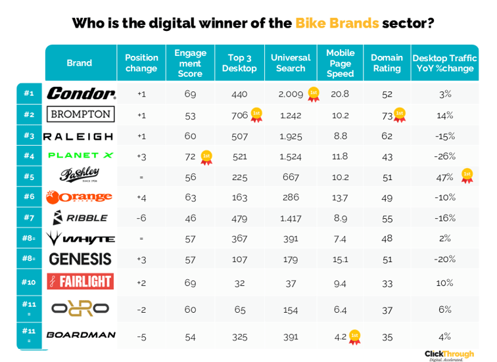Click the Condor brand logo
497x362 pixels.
point(81,94)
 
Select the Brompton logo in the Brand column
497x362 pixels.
point(81,114)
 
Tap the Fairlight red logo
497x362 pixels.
point(81,282)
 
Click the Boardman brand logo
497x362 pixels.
point(81,335)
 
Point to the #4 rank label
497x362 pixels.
point(29,156)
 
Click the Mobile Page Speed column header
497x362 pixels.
point(340,63)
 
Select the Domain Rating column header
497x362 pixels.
point(387,63)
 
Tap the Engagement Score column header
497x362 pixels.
point(190,63)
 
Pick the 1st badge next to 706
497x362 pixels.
point(256,115)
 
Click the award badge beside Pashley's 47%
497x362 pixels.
point(467,175)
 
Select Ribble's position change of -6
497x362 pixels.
point(141,217)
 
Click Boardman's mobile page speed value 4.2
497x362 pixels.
point(340,336)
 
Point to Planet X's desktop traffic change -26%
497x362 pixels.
point(445,156)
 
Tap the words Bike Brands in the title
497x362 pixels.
point(337,23)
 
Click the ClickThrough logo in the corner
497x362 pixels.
point(449,354)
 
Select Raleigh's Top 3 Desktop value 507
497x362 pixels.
point(239,136)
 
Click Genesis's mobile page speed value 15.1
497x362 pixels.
point(340,259)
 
